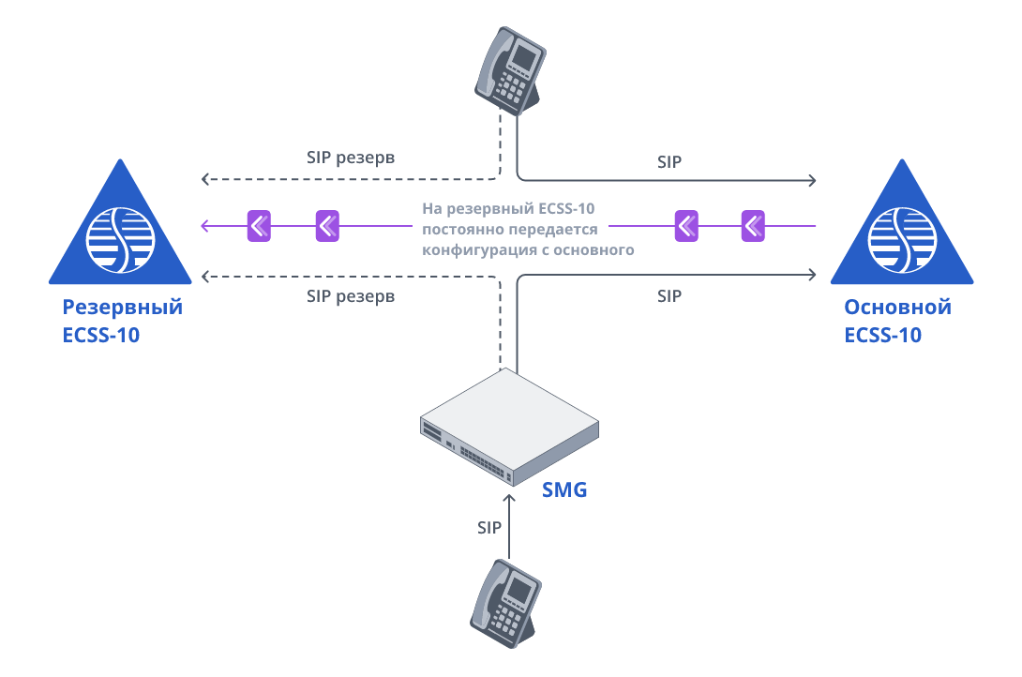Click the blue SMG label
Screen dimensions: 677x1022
pyautogui.click(x=564, y=489)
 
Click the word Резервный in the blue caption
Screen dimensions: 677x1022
pyautogui.click(x=122, y=308)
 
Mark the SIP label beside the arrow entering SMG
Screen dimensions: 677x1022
pyautogui.click(x=489, y=528)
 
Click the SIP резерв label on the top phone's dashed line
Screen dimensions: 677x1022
pyautogui.click(x=351, y=158)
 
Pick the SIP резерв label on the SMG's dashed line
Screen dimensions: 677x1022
pyautogui.click(x=351, y=296)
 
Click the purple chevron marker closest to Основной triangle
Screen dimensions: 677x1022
pyautogui.click(x=753, y=225)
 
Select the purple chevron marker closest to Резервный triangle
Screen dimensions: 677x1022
pyautogui.click(x=259, y=225)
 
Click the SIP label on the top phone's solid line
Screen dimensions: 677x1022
pyautogui.click(x=669, y=161)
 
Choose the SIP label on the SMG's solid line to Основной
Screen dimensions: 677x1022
pyautogui.click(x=669, y=296)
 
